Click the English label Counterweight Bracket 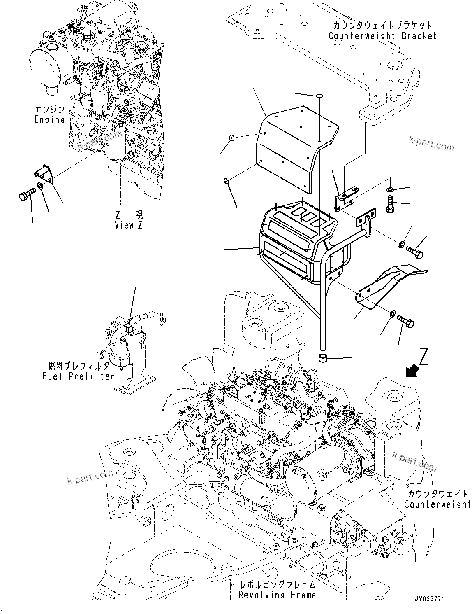pyautogui.click(x=382, y=36)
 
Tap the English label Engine pyautogui.click(x=49, y=120)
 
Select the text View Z pyautogui.click(x=130, y=225)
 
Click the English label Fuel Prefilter pyautogui.click(x=78, y=376)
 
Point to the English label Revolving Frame pyautogui.click(x=278, y=595)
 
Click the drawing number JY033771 pyautogui.click(x=429, y=599)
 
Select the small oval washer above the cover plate pyautogui.click(x=319, y=96)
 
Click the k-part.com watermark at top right pyautogui.click(x=431, y=145)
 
